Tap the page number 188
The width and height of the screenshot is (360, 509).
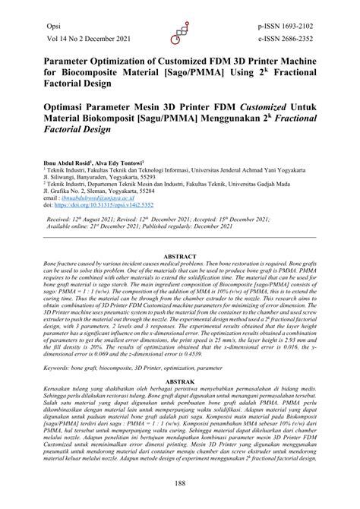179,483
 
